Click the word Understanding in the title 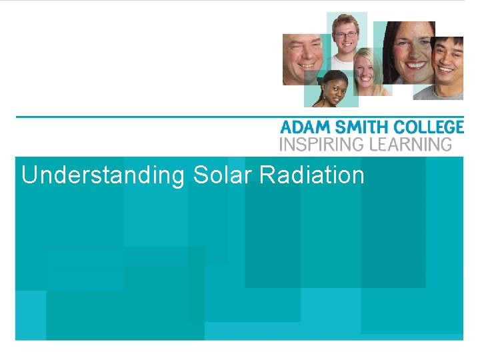(102, 175)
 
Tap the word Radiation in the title (311, 175)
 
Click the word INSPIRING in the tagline (319, 144)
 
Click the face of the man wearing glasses (346, 38)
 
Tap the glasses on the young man (346, 34)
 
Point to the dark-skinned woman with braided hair (331, 91)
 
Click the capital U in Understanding (29, 175)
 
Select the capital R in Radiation (266, 175)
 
